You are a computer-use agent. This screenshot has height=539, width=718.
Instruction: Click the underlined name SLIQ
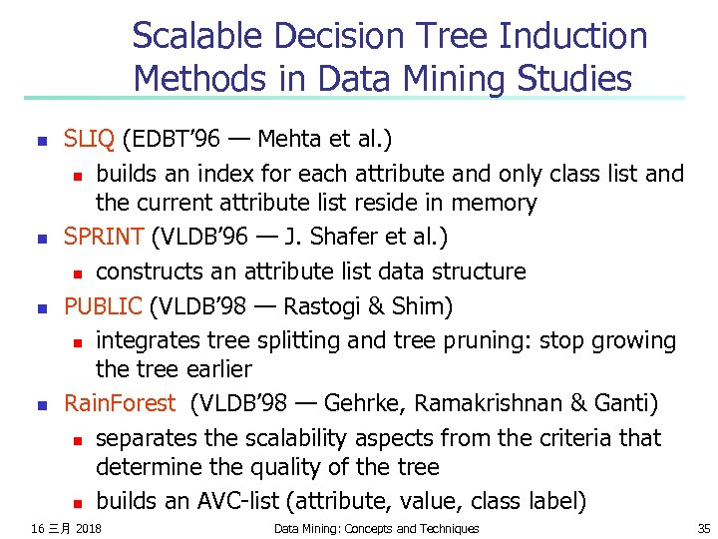click(x=90, y=139)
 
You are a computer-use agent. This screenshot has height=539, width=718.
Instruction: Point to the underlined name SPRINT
click(x=104, y=238)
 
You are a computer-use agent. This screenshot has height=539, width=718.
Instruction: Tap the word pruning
click(x=490, y=340)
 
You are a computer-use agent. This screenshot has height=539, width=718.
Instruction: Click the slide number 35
click(x=702, y=528)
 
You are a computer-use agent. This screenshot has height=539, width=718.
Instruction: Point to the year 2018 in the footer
click(x=89, y=528)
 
